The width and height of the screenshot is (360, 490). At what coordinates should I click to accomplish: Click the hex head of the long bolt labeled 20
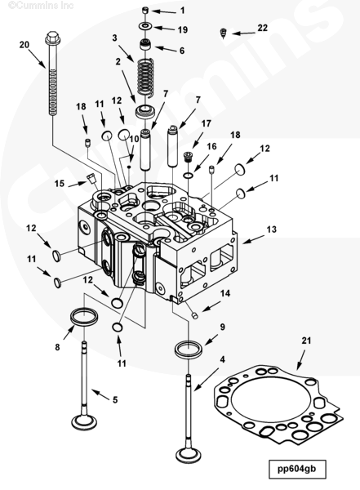pyautogui.click(x=52, y=38)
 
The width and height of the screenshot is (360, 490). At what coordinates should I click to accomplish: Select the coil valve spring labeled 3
pyautogui.click(x=145, y=76)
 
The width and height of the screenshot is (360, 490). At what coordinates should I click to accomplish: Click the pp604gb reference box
pyautogui.click(x=297, y=469)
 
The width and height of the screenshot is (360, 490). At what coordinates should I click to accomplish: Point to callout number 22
pyautogui.click(x=263, y=28)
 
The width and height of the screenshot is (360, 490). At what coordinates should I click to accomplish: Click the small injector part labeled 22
pyautogui.click(x=223, y=33)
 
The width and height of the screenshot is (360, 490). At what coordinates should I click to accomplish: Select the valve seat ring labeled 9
pyautogui.click(x=189, y=350)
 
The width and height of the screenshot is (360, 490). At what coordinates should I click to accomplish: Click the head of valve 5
pyautogui.click(x=84, y=422)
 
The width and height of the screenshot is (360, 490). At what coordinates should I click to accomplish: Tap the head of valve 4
pyautogui.click(x=189, y=455)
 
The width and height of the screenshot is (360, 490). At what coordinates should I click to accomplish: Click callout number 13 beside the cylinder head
pyautogui.click(x=272, y=229)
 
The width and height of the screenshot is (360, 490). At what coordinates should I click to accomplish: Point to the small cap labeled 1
pyautogui.click(x=145, y=11)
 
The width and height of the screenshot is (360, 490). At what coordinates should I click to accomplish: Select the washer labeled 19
pyautogui.click(x=145, y=26)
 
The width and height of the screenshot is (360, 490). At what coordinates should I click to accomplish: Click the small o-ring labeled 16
pyautogui.click(x=189, y=175)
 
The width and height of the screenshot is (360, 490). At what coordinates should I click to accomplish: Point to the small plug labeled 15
pyautogui.click(x=91, y=179)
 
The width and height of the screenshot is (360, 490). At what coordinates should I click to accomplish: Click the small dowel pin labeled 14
pyautogui.click(x=195, y=315)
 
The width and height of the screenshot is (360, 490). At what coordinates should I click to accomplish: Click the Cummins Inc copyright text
pyautogui.click(x=42, y=6)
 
